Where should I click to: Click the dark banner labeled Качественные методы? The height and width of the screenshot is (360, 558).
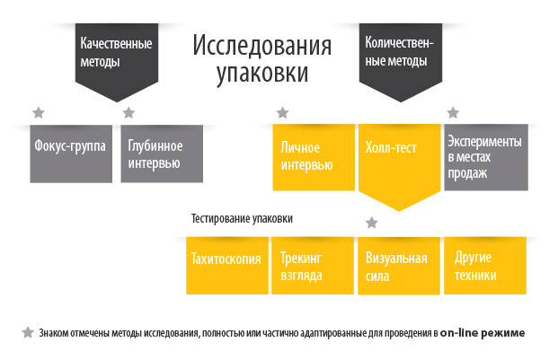click(117, 58)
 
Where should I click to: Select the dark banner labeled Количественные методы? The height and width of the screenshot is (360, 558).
click(401, 58)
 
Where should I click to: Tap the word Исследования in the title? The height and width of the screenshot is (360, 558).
click(262, 45)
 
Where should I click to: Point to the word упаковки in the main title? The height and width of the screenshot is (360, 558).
click(262, 74)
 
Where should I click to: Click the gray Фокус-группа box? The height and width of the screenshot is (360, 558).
click(71, 154)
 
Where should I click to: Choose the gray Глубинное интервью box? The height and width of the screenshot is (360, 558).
click(162, 154)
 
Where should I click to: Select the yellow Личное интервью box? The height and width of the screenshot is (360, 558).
click(314, 157)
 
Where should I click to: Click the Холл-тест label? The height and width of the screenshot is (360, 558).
click(391, 147)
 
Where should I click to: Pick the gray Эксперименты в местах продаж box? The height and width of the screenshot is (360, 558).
click(486, 157)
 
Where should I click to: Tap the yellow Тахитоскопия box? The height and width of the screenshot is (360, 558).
click(227, 266)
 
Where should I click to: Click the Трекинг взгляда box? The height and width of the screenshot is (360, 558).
click(313, 266)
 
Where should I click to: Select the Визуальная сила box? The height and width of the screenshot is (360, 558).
click(399, 266)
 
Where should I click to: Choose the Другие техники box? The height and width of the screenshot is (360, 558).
click(485, 266)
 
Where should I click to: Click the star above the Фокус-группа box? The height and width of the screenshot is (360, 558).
click(39, 112)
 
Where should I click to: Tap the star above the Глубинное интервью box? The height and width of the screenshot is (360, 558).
click(128, 112)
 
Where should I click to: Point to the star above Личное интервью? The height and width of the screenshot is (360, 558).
click(282, 112)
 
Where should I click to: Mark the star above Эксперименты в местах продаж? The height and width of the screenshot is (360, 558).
click(453, 112)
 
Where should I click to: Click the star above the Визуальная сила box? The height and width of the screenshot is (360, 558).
click(371, 223)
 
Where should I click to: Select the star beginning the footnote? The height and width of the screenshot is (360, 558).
click(28, 333)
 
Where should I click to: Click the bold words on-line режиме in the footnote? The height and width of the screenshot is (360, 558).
click(483, 333)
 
